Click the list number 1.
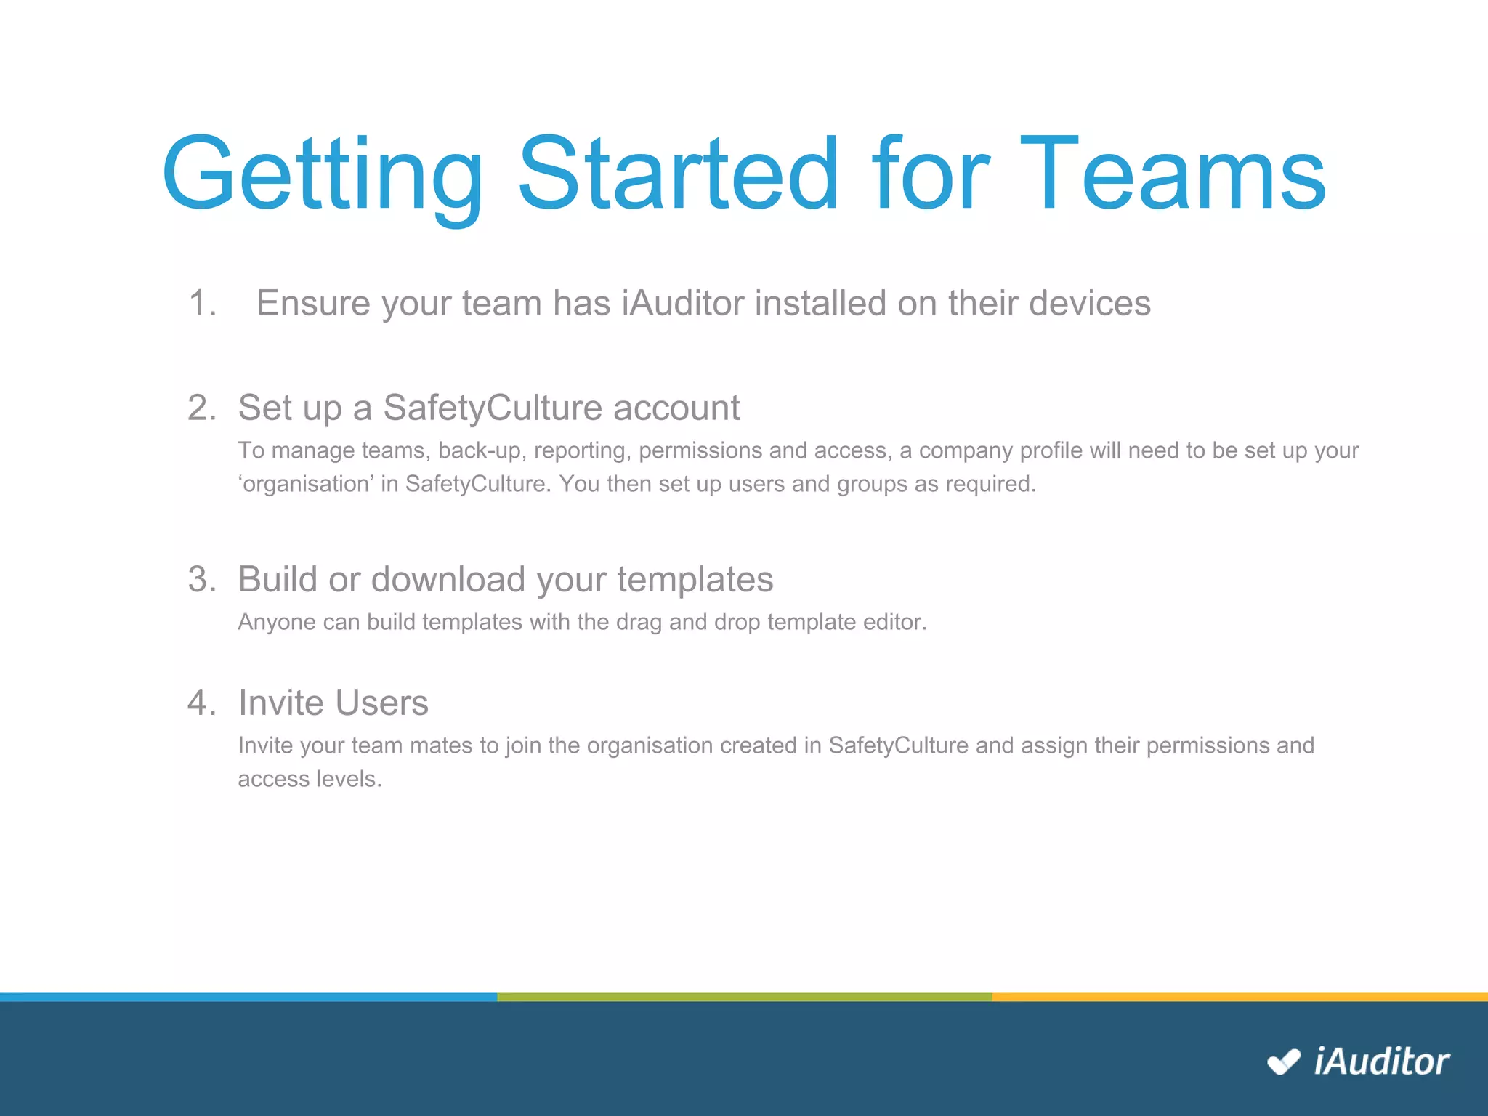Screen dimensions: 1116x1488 (x=202, y=303)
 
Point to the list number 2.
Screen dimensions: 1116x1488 (x=201, y=408)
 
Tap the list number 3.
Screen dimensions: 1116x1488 (x=201, y=580)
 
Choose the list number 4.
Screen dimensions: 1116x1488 (x=201, y=703)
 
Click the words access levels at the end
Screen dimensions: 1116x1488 (x=309, y=779)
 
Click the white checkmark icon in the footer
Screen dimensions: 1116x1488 (x=1283, y=1062)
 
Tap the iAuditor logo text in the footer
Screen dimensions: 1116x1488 (x=1381, y=1062)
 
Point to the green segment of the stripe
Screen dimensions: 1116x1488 (x=744, y=997)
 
